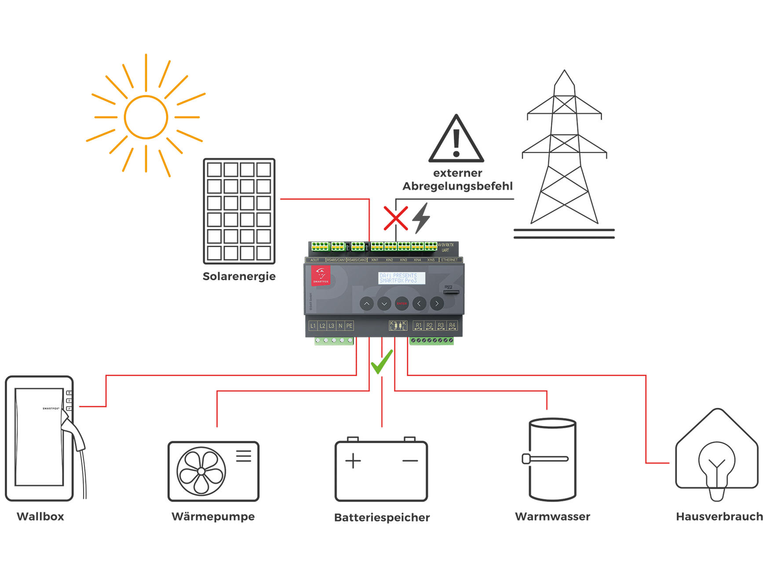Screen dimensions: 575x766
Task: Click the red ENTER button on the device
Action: point(401,303)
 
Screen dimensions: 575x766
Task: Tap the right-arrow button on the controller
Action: point(437,303)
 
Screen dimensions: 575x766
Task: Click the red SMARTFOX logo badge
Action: point(321,275)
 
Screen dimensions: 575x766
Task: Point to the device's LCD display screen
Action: point(401,278)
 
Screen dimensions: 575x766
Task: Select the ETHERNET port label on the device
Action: point(449,260)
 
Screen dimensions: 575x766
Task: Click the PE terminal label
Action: point(349,326)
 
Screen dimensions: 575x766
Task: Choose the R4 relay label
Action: point(452,326)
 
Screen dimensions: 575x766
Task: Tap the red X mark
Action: point(395,218)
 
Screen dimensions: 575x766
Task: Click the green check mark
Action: point(381,361)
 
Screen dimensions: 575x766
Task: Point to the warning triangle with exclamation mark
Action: point(456,140)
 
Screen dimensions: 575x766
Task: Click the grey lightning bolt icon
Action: point(421,218)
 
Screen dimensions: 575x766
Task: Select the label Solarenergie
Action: point(239,277)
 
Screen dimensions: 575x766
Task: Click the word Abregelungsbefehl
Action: point(458,186)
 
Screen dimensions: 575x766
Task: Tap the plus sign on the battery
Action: point(353,461)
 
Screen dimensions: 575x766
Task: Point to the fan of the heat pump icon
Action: point(201,471)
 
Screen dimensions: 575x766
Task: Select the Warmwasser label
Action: point(552,517)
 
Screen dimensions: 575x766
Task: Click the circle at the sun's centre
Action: point(146,117)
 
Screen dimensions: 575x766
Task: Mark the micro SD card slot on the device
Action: point(451,291)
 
